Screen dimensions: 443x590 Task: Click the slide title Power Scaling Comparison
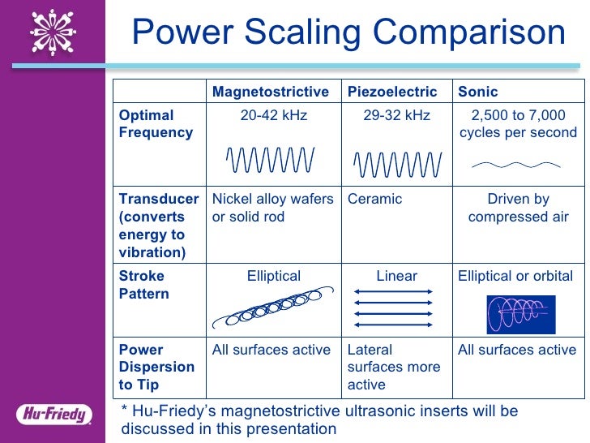(x=348, y=34)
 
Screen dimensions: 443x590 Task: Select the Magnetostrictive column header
(x=271, y=92)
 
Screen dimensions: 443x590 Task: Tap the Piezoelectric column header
(x=392, y=92)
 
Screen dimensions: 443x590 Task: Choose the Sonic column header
(x=478, y=92)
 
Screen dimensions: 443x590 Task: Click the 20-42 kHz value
(x=274, y=115)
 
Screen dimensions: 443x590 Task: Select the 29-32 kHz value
(x=396, y=115)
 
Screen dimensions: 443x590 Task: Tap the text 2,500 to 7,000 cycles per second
(x=518, y=124)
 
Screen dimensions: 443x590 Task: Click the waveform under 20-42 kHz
(x=270, y=160)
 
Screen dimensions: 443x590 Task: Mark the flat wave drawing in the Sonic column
(x=516, y=165)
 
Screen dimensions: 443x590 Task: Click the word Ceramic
(x=374, y=199)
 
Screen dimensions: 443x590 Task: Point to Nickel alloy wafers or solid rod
(x=273, y=208)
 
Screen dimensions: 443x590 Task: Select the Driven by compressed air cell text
(x=518, y=208)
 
